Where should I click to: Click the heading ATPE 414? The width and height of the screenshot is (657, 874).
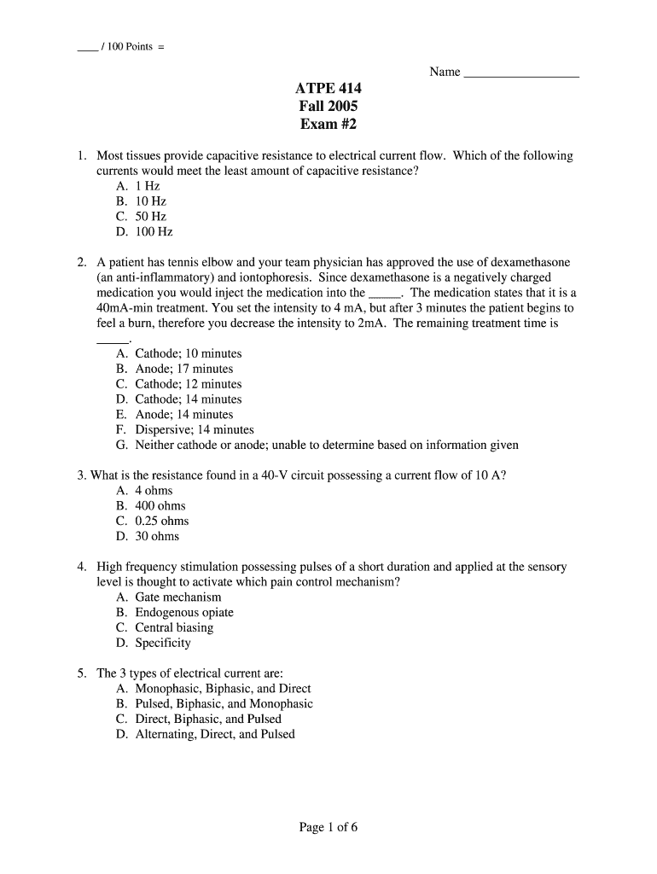328,89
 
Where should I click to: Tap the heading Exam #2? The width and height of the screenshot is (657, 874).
328,125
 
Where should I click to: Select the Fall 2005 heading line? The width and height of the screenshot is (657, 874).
328,107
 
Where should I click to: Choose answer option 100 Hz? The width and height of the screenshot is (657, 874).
154,231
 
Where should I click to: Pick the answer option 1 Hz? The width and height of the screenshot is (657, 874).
147,185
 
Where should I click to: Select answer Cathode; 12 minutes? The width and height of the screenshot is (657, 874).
188,384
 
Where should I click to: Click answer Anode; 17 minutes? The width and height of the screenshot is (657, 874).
183,369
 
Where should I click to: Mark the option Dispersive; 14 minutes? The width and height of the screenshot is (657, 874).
195,430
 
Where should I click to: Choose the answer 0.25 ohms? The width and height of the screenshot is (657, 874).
162,521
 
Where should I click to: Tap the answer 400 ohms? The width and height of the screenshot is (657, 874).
160,505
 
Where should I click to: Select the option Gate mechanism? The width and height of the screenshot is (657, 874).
177,597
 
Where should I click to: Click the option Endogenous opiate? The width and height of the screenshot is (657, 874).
183,613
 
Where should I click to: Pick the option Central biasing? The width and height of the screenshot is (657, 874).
174,628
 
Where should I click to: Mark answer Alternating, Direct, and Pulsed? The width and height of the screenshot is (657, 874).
215,734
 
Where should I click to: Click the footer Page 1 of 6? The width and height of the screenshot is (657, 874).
328,827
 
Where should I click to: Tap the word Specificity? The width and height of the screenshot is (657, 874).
163,644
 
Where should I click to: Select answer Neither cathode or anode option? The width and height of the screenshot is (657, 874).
327,446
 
